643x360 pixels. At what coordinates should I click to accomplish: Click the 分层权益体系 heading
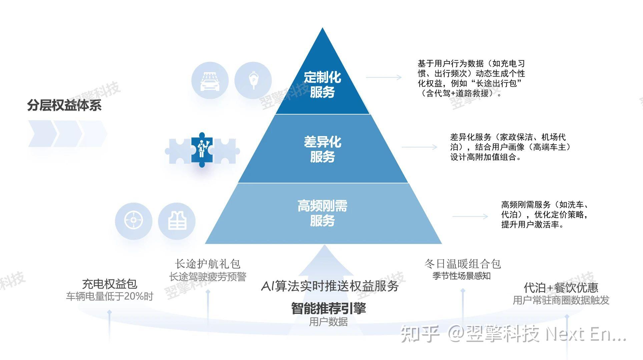click(x=64, y=105)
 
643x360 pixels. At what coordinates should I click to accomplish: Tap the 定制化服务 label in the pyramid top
click(x=322, y=85)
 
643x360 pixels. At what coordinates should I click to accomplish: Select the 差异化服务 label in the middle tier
click(x=322, y=149)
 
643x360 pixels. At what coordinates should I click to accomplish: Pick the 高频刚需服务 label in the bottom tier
click(x=322, y=213)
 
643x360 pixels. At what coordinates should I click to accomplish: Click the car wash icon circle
click(x=210, y=80)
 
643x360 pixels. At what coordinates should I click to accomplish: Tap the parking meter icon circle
click(x=253, y=80)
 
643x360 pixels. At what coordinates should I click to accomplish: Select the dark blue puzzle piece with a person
click(x=202, y=150)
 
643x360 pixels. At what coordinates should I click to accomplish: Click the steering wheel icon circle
click(x=133, y=221)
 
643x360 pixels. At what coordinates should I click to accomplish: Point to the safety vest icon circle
click(x=177, y=221)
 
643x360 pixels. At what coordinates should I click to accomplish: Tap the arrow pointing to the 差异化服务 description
click(x=419, y=147)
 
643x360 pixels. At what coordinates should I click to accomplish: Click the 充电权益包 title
click(x=109, y=284)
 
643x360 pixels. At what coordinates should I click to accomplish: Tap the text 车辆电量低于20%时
click(x=109, y=296)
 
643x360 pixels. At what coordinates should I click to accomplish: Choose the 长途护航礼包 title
click(x=207, y=264)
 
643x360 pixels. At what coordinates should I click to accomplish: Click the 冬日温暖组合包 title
click(x=463, y=264)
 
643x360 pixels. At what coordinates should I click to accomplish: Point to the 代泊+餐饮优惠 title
click(x=561, y=287)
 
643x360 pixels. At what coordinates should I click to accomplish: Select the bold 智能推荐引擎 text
click(x=329, y=308)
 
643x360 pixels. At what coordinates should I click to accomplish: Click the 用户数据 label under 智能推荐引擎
click(x=329, y=322)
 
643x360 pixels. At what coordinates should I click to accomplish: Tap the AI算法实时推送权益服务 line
click(x=330, y=286)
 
